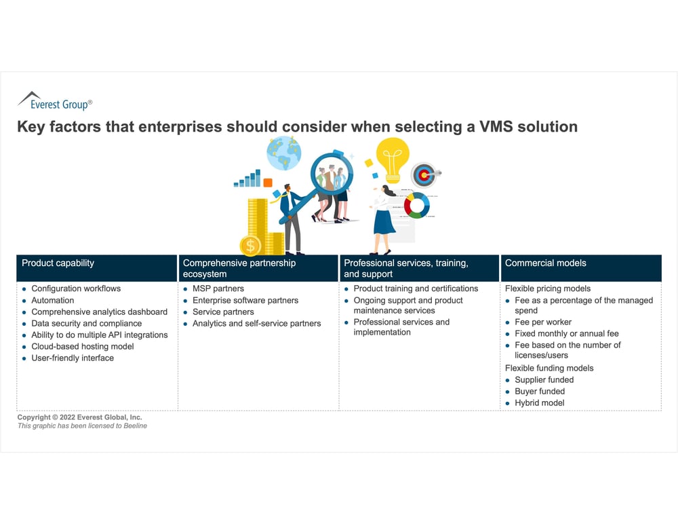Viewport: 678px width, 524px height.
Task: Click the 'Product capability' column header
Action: [x=58, y=263]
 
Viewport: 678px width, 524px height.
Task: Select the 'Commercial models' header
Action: [x=546, y=263]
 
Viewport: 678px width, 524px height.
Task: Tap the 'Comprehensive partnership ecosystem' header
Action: [x=239, y=268]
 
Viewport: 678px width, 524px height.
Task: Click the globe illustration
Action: [x=283, y=153]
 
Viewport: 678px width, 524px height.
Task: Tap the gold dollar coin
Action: [x=250, y=245]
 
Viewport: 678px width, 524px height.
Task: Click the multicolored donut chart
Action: [x=416, y=204]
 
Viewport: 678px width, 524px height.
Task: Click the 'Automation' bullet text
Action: [x=53, y=300]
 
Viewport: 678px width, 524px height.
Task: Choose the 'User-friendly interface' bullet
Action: [x=73, y=358]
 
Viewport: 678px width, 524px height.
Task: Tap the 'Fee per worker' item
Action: [x=543, y=322]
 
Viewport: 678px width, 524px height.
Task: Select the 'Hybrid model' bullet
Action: [x=540, y=403]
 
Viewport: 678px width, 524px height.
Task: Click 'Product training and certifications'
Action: [x=416, y=288]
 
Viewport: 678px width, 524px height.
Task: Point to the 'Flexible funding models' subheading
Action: [x=549, y=368]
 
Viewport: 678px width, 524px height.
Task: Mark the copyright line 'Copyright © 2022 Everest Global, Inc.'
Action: [x=80, y=417]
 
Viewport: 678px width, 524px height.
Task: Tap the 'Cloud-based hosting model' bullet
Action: [x=83, y=346]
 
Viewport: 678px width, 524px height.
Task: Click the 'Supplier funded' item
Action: [x=544, y=379]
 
